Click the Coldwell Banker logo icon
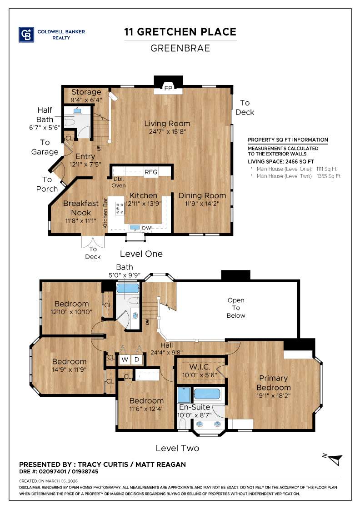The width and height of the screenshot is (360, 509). [26, 35]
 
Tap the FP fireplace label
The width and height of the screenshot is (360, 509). [168, 88]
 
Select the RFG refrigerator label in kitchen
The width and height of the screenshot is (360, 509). [150, 172]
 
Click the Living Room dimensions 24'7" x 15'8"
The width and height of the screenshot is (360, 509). [167, 132]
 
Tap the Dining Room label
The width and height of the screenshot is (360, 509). [202, 195]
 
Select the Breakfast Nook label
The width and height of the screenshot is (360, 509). [80, 208]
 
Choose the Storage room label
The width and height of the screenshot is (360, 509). [86, 92]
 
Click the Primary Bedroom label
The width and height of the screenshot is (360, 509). [274, 383]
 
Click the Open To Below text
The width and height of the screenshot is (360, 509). [236, 308]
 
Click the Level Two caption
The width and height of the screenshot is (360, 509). [177, 448]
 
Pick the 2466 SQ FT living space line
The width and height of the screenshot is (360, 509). [281, 161]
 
